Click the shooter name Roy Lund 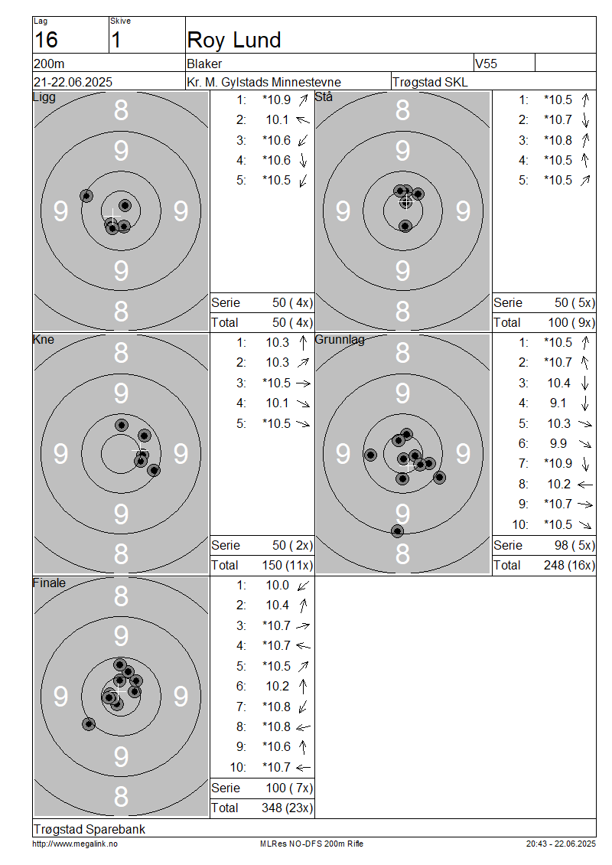[234, 41]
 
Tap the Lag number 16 [46, 41]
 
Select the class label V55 [486, 64]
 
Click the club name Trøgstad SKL [430, 82]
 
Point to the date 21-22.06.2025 [73, 82]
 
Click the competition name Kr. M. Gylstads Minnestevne [264, 82]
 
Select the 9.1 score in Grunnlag [558, 403]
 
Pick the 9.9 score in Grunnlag [558, 443]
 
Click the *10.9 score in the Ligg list [276, 100]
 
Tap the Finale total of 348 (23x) [287, 808]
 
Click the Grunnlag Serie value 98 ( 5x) [575, 546]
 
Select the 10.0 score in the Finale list [278, 586]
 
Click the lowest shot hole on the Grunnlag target [398, 531]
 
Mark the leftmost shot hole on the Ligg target [86, 195]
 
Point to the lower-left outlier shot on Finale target [89, 724]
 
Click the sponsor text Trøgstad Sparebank [90, 829]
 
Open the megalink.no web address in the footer [75, 844]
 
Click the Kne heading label [44, 339]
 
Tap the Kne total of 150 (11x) [287, 566]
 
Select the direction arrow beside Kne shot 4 [303, 404]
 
